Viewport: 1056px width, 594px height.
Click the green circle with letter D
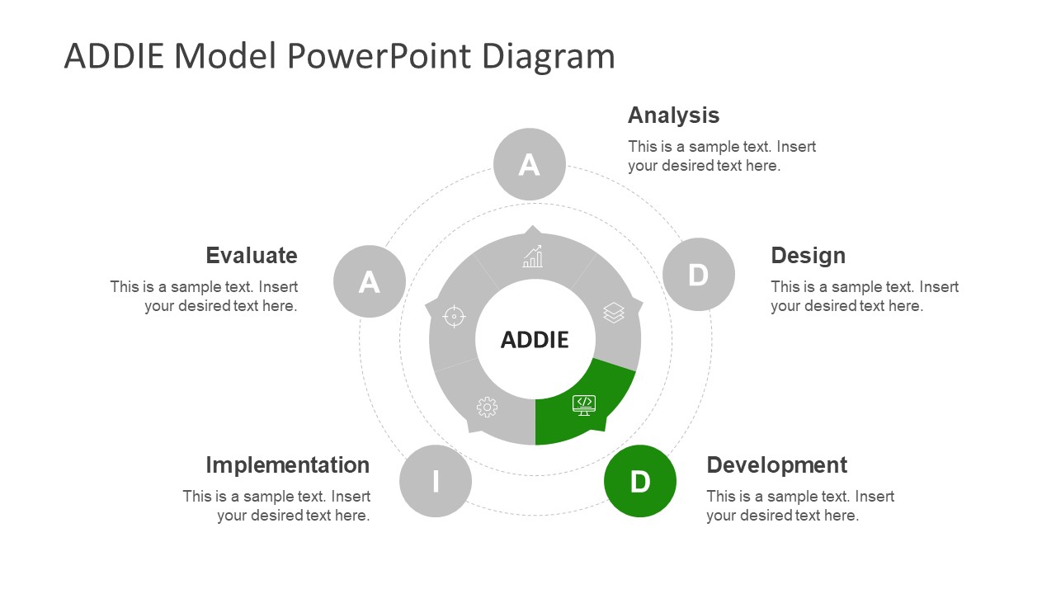tap(640, 481)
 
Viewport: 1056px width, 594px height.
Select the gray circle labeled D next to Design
tap(699, 274)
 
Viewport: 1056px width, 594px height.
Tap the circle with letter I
tap(436, 481)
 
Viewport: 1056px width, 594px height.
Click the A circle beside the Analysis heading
tap(530, 164)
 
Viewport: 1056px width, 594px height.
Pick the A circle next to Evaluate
tap(370, 281)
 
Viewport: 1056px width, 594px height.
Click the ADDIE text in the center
tap(535, 339)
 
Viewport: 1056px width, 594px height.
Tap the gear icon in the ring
tap(487, 407)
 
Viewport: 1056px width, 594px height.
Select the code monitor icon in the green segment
tap(584, 403)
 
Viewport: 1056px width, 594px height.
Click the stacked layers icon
tap(614, 313)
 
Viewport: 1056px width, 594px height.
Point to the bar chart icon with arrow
tap(533, 257)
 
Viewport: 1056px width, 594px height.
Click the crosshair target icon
tap(454, 316)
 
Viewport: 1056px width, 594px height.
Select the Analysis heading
tap(673, 115)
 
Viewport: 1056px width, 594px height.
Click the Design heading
tap(808, 255)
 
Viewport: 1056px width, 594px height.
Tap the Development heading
tap(776, 464)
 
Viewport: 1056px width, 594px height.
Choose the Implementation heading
tap(287, 464)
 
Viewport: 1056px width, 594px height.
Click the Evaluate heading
tap(251, 255)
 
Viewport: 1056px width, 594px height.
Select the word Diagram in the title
tap(548, 56)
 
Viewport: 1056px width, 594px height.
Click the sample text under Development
tap(799, 506)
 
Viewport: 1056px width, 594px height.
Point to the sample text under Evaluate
tap(204, 296)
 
